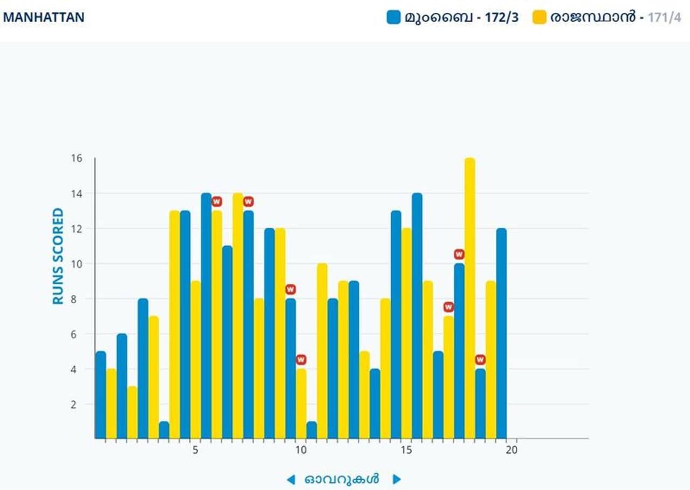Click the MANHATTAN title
tap(44, 17)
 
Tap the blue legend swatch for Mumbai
tap(394, 17)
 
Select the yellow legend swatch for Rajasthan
tap(540, 17)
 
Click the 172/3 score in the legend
tap(501, 17)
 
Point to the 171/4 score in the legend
tap(664, 17)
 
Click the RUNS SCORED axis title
tap(58, 256)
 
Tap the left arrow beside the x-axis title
tap(291, 479)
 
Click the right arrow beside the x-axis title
tap(397, 479)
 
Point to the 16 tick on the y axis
tap(75, 158)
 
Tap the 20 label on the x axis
tap(512, 450)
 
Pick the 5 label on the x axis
tap(195, 450)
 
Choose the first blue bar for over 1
tap(100, 395)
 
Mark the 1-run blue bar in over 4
tap(164, 430)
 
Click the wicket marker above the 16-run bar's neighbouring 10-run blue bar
tap(459, 254)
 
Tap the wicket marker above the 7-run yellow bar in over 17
tap(448, 307)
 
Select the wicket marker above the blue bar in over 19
tap(480, 360)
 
